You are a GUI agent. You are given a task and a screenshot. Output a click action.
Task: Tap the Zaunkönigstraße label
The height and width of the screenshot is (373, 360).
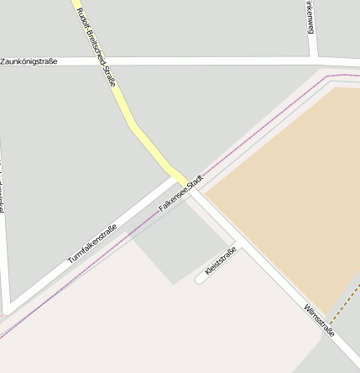[x=29, y=61]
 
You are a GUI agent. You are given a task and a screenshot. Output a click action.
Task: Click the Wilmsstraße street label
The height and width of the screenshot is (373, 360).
[x=320, y=319]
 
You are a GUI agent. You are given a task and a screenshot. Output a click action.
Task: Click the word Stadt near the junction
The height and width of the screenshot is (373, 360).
[x=196, y=181]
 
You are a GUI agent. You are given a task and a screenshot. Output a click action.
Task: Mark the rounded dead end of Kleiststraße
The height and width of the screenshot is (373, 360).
[x=200, y=279]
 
